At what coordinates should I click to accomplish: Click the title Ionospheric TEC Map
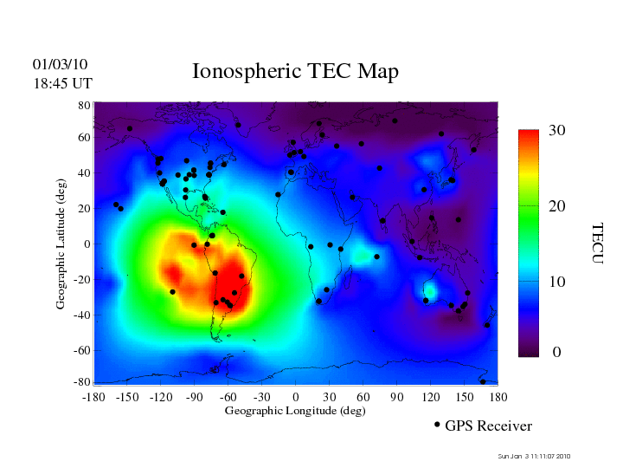(x=295, y=71)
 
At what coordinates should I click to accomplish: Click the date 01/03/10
(x=61, y=65)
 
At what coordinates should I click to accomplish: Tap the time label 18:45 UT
(x=62, y=83)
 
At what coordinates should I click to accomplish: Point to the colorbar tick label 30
(x=557, y=131)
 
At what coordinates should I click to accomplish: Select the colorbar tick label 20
(x=557, y=208)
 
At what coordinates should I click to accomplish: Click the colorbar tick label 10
(x=557, y=283)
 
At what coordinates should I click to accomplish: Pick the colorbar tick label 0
(x=557, y=353)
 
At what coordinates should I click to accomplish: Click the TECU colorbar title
(x=597, y=242)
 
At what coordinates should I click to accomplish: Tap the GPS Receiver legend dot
(x=437, y=425)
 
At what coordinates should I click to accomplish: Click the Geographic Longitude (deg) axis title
(x=295, y=411)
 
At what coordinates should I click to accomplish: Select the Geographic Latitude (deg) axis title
(x=61, y=250)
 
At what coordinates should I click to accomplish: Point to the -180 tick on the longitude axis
(x=93, y=397)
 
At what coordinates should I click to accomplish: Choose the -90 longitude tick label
(x=194, y=397)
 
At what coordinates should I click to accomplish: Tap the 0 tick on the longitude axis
(x=296, y=397)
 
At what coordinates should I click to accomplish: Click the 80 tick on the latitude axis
(x=85, y=105)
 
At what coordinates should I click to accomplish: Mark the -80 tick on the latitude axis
(x=83, y=382)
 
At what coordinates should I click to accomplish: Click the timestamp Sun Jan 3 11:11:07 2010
(x=535, y=456)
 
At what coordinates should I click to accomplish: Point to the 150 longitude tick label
(x=465, y=397)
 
